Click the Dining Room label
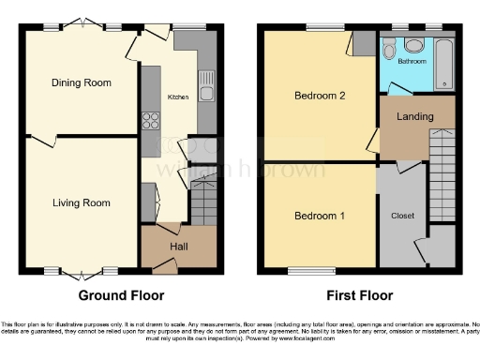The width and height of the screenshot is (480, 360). click(x=81, y=82)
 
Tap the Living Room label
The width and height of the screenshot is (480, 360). click(x=81, y=202)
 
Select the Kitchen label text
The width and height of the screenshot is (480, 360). click(x=178, y=97)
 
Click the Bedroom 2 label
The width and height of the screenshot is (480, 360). click(x=320, y=96)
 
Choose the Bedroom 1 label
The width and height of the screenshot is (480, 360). click(x=320, y=217)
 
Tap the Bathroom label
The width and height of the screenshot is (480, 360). click(x=412, y=62)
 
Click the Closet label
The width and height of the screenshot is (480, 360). click(x=402, y=215)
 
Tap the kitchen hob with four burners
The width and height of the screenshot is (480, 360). click(x=150, y=120)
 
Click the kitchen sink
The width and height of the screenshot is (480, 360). click(x=205, y=84)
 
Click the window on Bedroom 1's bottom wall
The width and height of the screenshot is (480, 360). click(x=303, y=272)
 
